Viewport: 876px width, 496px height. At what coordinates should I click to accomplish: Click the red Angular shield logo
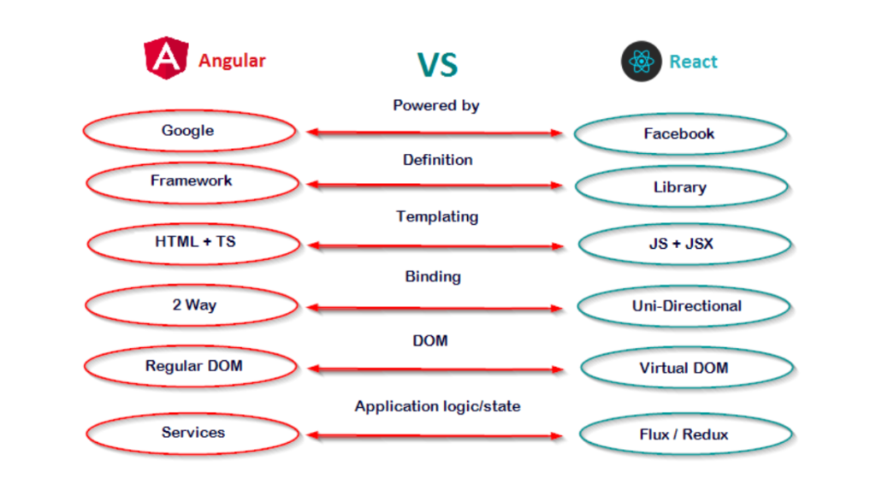point(167,59)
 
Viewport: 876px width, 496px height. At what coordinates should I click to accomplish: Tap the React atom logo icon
point(642,62)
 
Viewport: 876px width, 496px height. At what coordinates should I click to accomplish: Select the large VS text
point(437,64)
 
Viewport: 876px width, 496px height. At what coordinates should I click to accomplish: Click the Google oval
point(189,131)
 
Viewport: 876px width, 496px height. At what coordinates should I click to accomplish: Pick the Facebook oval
point(680,134)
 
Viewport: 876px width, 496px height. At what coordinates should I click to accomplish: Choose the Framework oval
point(192,181)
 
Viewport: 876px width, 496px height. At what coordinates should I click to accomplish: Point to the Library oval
point(681,187)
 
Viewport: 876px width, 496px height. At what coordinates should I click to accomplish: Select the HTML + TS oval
point(194,243)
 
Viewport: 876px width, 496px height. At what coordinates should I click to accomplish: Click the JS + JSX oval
point(683,245)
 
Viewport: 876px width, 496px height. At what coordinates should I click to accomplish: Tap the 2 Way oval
point(194,304)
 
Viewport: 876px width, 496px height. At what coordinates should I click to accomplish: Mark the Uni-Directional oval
point(684,306)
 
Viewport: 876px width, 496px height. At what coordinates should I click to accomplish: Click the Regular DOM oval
point(193,366)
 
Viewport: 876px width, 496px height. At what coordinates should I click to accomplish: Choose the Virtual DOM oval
point(684,369)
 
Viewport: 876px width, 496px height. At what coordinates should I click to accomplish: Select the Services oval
point(193,433)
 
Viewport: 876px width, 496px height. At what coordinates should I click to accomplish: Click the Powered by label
point(436,106)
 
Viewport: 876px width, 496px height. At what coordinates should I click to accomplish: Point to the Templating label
point(437,216)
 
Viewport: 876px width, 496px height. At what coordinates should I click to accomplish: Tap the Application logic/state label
point(437,406)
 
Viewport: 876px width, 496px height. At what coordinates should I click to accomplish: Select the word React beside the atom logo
point(693,62)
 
